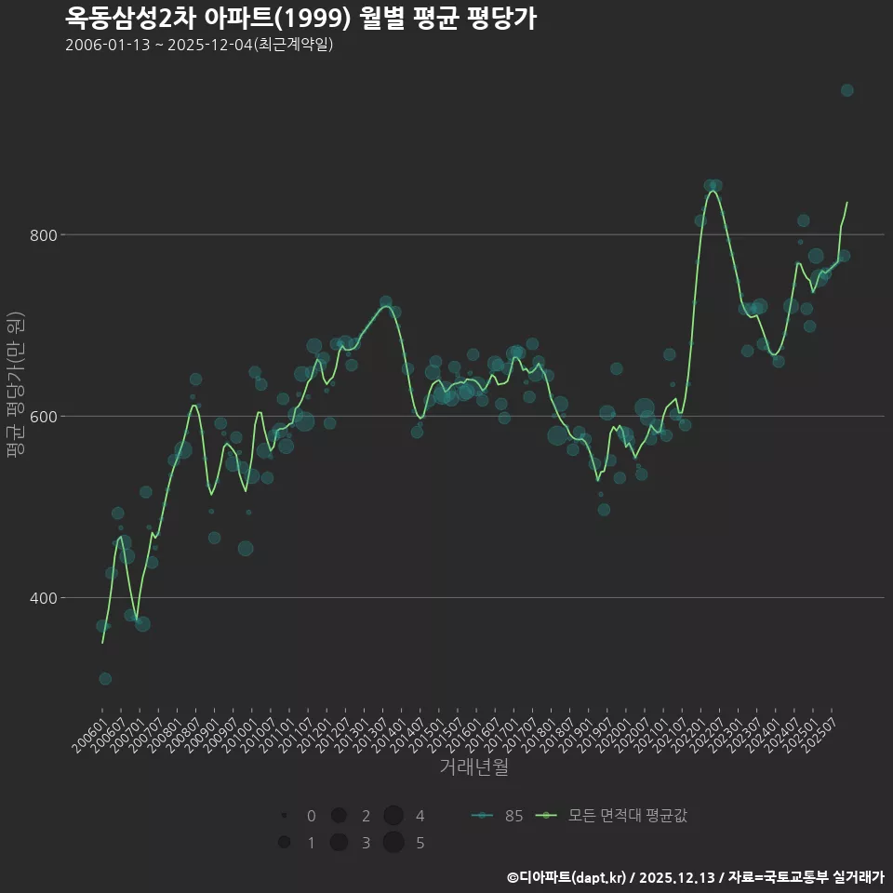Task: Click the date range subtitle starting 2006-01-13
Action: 199,46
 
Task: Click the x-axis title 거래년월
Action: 473,767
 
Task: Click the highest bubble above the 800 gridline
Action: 846,90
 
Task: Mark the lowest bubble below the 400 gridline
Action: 105,679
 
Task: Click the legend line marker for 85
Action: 482,816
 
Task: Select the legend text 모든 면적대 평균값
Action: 627,816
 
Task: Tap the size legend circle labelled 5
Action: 393,843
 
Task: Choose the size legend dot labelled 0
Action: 284,816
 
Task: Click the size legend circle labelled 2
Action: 339,816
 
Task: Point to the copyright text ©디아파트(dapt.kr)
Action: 567,877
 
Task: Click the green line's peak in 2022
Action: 713,192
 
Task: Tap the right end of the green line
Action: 846,203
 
